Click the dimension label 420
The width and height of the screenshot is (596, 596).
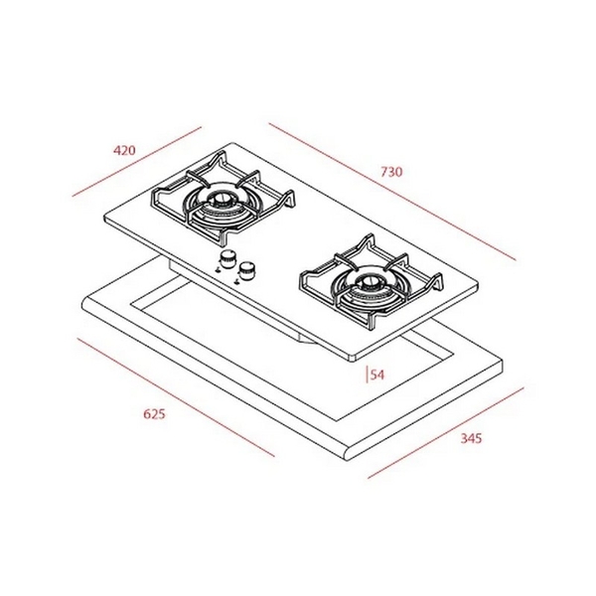(124, 151)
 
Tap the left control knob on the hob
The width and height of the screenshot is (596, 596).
(227, 260)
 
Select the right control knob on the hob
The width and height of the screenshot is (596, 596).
(248, 268)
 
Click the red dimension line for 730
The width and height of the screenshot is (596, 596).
(392, 192)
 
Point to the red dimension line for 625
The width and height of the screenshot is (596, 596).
(174, 397)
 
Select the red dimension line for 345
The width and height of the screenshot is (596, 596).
(444, 432)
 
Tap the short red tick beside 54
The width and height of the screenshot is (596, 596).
(368, 374)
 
